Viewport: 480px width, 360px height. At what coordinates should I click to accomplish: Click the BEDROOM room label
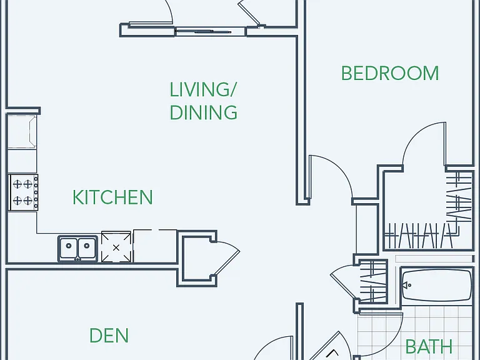click(x=390, y=73)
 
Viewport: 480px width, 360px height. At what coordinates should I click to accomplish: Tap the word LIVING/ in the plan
click(x=203, y=89)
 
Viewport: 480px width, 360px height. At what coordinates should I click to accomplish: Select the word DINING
click(x=204, y=112)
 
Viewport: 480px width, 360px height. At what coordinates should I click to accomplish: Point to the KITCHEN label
click(x=112, y=197)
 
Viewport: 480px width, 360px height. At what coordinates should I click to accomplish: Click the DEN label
click(x=109, y=336)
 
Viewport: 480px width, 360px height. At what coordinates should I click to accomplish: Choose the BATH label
click(x=429, y=346)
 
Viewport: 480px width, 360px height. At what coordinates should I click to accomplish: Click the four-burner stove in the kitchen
click(x=23, y=192)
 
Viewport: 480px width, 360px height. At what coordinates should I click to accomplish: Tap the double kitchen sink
click(x=77, y=249)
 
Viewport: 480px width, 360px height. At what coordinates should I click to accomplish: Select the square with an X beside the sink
click(x=116, y=247)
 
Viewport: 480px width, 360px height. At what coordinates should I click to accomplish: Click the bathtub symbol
click(x=437, y=285)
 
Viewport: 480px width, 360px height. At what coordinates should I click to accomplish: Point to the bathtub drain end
click(x=406, y=285)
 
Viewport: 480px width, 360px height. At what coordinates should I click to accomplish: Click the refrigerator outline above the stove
click(x=22, y=132)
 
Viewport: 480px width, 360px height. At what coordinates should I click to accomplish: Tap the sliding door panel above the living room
click(x=210, y=31)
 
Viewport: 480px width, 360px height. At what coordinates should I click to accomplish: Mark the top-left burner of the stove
click(x=17, y=184)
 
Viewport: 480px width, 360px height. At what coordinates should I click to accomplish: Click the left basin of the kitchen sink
click(x=69, y=247)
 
